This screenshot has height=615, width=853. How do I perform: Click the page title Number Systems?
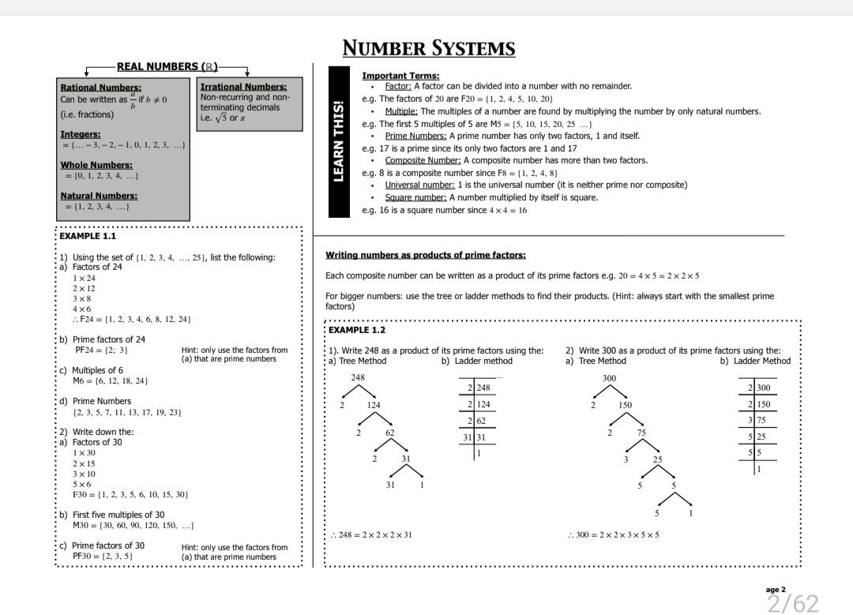click(429, 48)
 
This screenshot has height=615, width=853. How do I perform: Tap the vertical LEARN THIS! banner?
click(338, 142)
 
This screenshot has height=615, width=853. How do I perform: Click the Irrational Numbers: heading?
click(243, 87)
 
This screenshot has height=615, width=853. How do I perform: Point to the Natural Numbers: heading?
click(98, 196)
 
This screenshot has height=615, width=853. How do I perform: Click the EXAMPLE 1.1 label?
click(88, 236)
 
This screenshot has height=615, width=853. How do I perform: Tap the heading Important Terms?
click(400, 76)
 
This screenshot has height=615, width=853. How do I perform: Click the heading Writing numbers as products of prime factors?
click(425, 255)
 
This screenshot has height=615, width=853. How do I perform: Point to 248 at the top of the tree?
click(358, 378)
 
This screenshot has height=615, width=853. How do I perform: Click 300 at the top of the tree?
click(609, 378)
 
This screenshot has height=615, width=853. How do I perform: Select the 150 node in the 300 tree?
click(625, 405)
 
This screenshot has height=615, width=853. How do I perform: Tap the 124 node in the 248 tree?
click(374, 405)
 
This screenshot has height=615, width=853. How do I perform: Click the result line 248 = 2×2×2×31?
click(371, 534)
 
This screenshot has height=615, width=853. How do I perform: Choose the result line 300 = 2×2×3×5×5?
click(614, 534)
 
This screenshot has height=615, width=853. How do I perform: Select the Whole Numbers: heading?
click(96, 165)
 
